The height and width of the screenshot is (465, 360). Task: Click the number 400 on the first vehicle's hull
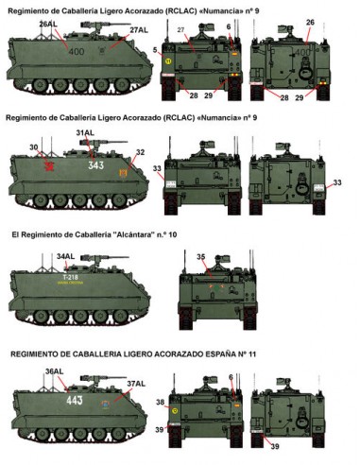click(77, 54)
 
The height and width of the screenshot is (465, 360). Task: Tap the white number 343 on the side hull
click(94, 166)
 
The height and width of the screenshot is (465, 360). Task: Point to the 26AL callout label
click(48, 23)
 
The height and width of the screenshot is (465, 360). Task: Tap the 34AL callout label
click(65, 256)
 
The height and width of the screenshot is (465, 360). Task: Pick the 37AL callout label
click(136, 383)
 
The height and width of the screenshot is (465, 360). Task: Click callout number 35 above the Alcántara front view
click(200, 256)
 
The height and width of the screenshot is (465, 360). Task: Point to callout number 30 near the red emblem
click(33, 147)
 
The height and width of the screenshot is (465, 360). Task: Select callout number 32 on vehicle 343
click(140, 152)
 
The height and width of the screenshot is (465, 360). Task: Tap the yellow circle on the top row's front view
click(168, 60)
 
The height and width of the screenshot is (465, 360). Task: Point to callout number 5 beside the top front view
click(156, 47)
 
